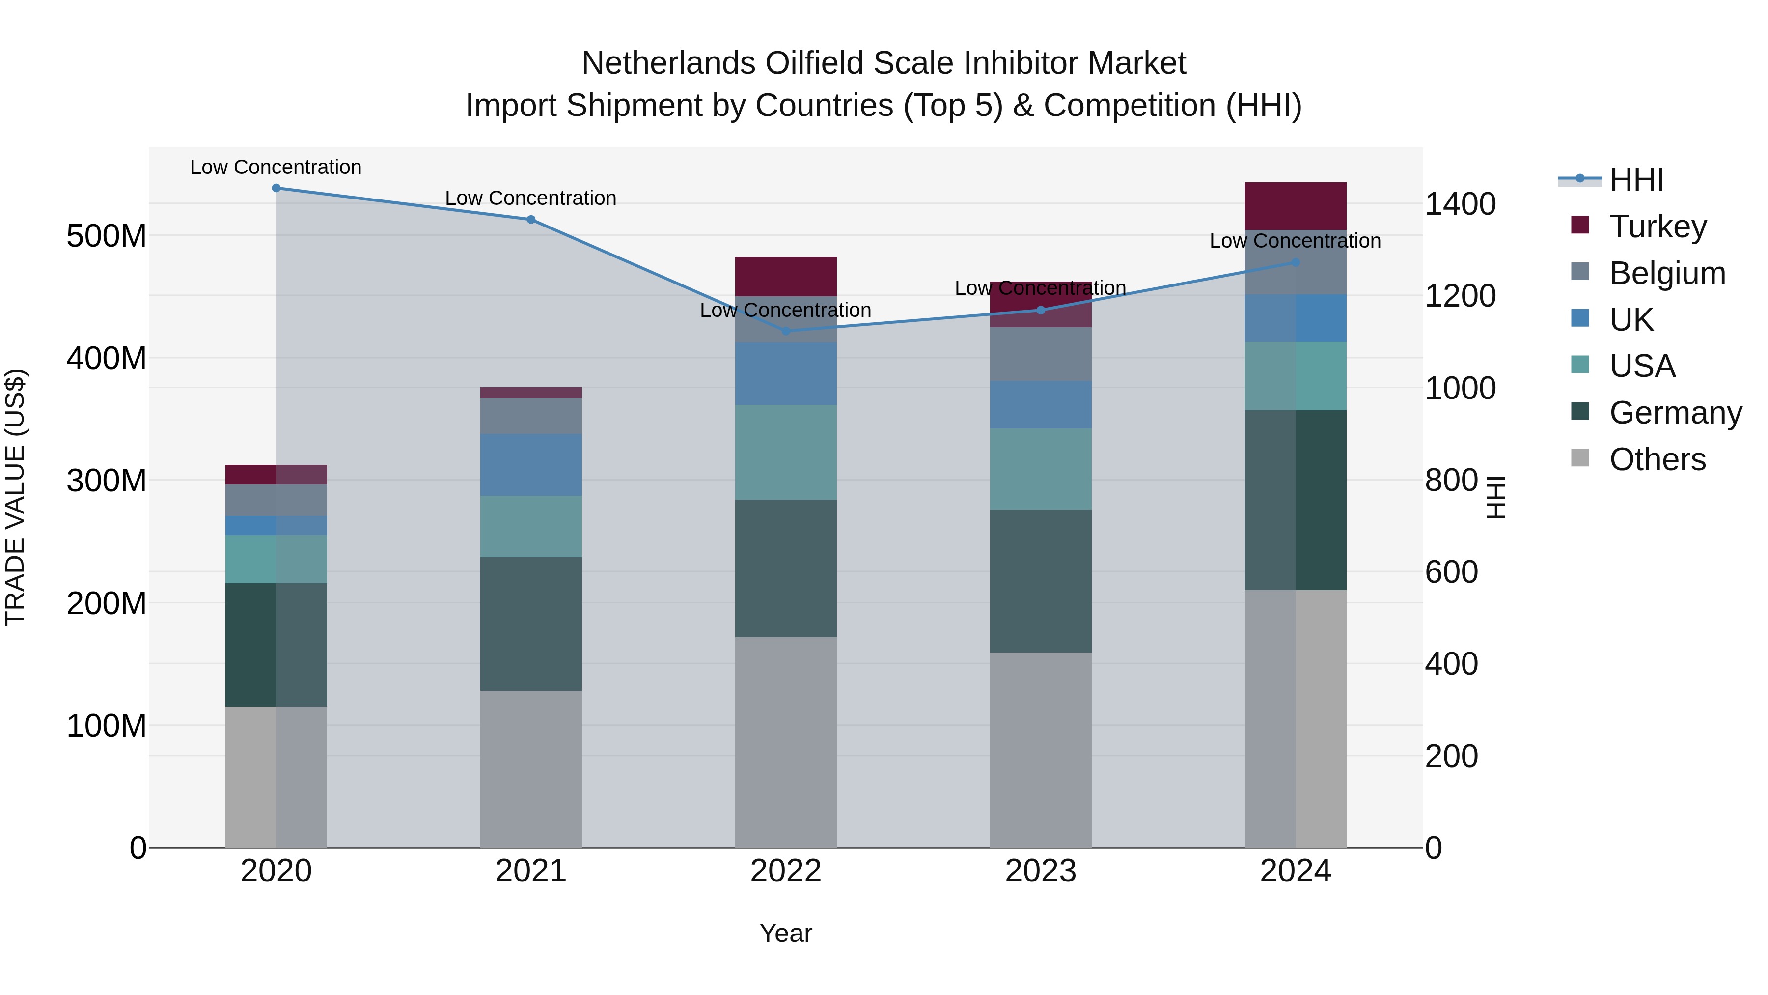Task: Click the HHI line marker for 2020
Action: (x=276, y=188)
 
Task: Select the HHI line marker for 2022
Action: (x=786, y=331)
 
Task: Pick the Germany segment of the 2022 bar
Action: (x=786, y=568)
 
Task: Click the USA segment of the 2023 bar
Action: (x=1041, y=469)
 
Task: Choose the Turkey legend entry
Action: (x=1657, y=227)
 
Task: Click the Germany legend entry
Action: (x=1675, y=413)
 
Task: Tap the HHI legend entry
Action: (x=1636, y=180)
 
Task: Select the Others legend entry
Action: (x=1657, y=459)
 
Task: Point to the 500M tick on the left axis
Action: (x=107, y=236)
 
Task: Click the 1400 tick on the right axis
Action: (x=1460, y=204)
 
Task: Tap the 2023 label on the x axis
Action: (x=1041, y=871)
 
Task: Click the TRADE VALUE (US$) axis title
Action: (x=15, y=497)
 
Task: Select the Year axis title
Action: (x=785, y=933)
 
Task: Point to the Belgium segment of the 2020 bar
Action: (x=276, y=500)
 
